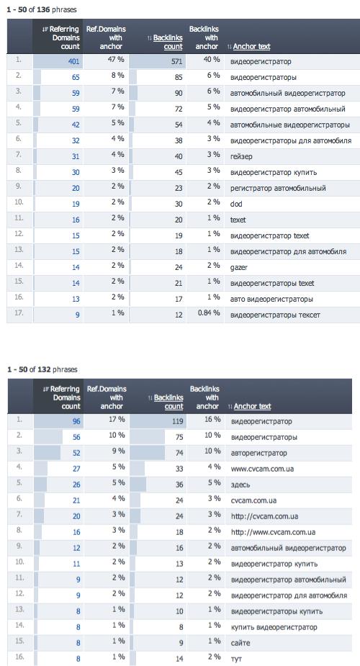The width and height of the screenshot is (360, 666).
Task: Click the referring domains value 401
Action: pos(74,62)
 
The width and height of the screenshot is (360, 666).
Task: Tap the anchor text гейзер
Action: pos(241,156)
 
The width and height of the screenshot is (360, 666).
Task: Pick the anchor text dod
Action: pos(236,204)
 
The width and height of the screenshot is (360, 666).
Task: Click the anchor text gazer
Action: pos(238,268)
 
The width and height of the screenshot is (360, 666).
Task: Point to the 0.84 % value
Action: pos(208,313)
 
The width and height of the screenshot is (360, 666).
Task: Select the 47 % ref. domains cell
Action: pos(115,60)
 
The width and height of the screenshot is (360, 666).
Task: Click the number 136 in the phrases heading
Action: pos(43,9)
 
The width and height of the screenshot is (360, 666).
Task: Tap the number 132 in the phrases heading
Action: pos(44,369)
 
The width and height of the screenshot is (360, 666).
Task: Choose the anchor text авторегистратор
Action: pos(259,453)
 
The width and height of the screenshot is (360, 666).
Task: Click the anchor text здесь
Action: pos(240,485)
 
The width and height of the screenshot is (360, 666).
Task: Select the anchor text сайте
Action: pos(240,643)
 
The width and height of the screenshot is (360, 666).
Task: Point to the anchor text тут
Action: pos(236,660)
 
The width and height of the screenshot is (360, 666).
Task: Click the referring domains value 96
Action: pos(76,421)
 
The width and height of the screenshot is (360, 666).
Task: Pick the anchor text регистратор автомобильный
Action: pos(278,188)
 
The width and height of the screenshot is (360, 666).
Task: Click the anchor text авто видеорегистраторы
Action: pos(271,299)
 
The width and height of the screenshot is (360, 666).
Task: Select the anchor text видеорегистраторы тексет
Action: pos(275,315)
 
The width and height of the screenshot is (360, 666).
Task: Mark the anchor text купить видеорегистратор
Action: pos(274,627)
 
